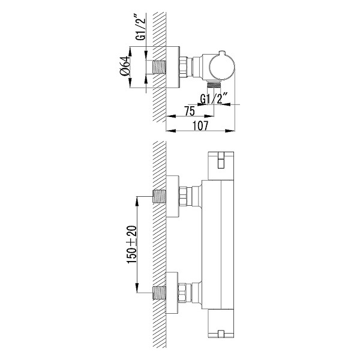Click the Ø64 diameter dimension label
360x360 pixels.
click(125, 66)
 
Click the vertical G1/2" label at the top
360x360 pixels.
click(140, 27)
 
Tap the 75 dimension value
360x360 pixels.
click(190, 111)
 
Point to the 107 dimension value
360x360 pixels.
click(200, 125)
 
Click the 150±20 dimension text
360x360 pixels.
click(132, 245)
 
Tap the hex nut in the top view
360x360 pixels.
click(183, 67)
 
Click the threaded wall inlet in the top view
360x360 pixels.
click(159, 67)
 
